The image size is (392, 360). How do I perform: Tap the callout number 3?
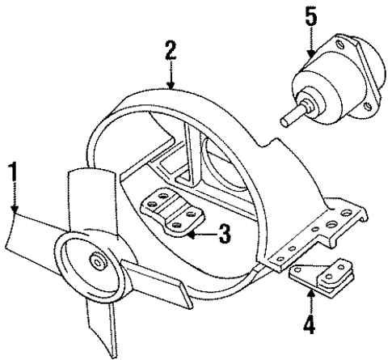point(224,236)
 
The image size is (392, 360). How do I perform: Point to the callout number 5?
point(310,15)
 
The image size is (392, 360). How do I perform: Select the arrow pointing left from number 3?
point(192,236)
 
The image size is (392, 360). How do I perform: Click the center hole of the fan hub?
point(98,260)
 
